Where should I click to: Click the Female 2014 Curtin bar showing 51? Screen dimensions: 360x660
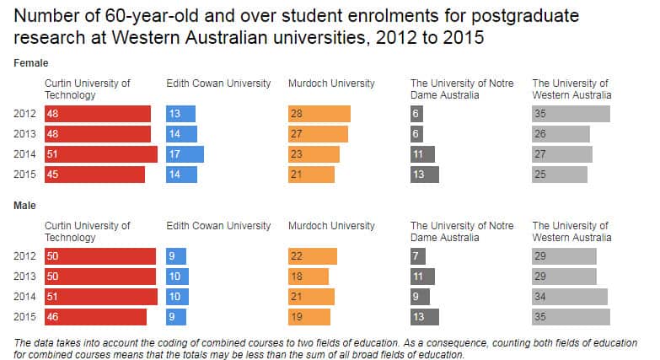tap(100, 154)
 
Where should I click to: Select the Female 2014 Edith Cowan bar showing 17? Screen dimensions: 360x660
tap(185, 154)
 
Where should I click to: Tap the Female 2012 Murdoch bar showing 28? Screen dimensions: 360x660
tap(319, 114)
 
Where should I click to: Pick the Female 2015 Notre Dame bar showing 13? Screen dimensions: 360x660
tap(424, 175)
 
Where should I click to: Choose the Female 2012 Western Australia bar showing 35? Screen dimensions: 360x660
tap(571, 114)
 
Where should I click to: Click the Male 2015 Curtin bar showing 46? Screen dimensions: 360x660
tap(95, 317)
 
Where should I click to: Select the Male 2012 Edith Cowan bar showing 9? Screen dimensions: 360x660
tap(175, 256)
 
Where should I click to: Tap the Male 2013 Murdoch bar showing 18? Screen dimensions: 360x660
tap(308, 277)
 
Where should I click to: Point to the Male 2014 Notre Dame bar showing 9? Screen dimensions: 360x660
tap(420, 297)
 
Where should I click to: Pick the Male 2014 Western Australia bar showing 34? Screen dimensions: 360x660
tap(569, 297)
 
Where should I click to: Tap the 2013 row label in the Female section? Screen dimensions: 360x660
tap(25, 134)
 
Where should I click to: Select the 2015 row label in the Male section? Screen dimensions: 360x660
tap(25, 317)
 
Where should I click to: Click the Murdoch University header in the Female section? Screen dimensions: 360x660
tap(331, 83)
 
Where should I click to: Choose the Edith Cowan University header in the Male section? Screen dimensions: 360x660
tap(218, 226)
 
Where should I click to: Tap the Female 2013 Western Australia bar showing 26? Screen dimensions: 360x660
tap(561, 134)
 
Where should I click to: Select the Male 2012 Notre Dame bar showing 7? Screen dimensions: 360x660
tap(419, 256)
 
